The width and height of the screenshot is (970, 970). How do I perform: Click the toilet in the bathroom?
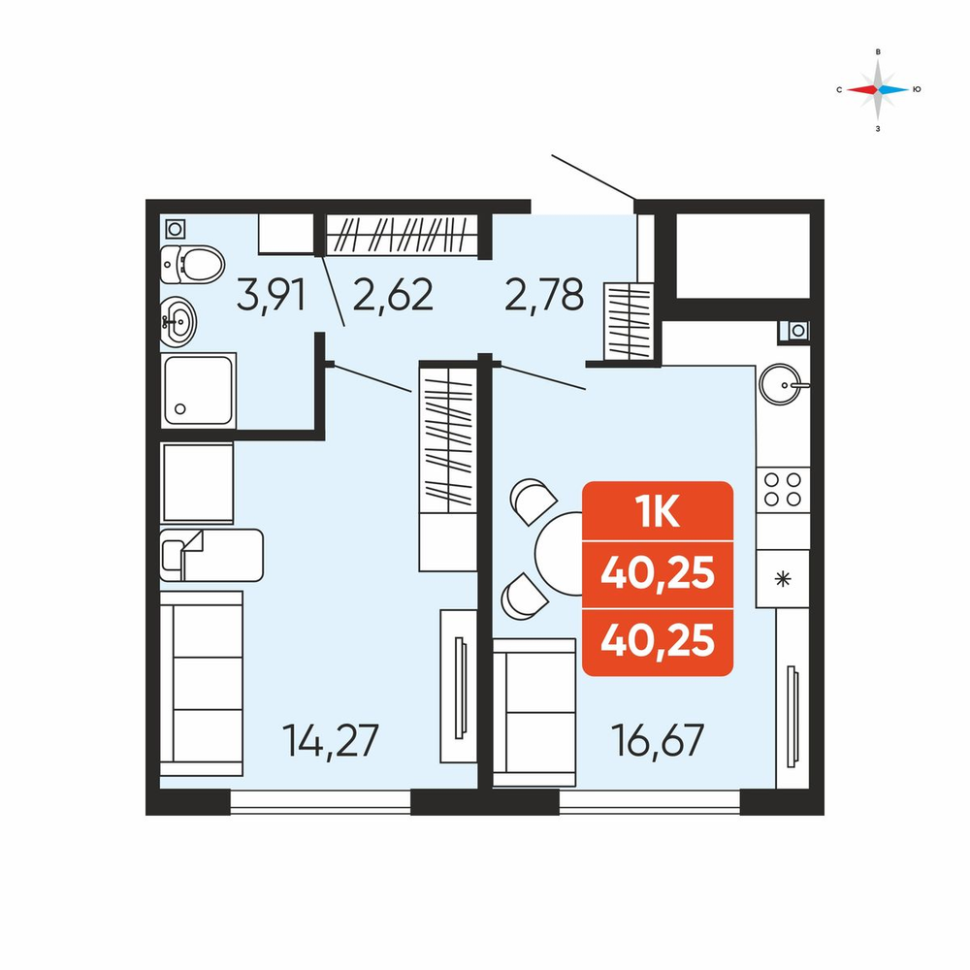point(192,264)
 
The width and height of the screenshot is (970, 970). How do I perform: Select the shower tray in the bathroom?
point(198,390)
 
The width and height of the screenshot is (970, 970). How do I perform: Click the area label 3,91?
point(271,296)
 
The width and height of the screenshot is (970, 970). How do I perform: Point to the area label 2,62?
point(393,295)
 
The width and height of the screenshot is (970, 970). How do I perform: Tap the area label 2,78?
point(544,295)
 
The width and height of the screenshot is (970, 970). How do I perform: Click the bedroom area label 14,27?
point(331,740)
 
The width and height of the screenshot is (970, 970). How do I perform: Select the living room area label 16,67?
point(658,740)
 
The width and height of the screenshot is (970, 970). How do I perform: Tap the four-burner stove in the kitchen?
point(783,489)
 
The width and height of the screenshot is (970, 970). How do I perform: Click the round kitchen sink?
point(781,384)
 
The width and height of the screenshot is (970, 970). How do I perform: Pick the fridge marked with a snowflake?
point(783,579)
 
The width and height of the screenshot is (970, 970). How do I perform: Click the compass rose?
point(878,89)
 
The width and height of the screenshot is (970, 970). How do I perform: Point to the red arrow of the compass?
point(861,89)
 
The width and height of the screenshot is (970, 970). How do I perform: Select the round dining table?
point(560,554)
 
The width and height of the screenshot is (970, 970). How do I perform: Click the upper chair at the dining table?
point(533,501)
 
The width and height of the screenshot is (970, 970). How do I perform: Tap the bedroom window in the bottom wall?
point(320,802)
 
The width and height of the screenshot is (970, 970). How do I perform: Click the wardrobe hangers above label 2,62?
point(403,235)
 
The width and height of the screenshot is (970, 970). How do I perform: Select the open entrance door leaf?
point(594,178)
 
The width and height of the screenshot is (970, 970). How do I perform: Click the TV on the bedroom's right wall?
point(459,688)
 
